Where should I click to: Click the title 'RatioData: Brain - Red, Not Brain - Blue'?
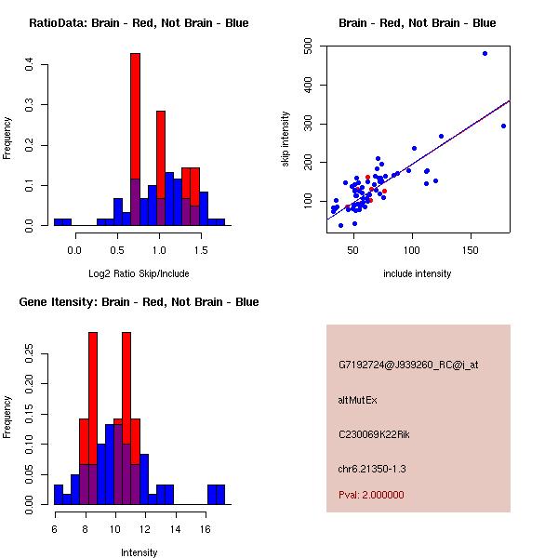coord(139,23)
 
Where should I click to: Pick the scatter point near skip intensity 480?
coord(485,54)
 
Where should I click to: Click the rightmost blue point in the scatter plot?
coord(503,126)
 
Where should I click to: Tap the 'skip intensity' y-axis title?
coord(287,139)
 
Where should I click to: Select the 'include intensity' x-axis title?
coord(418,273)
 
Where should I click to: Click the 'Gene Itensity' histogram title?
coord(139,302)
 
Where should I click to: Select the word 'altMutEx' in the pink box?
coord(359,400)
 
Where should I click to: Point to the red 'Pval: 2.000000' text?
coord(371,495)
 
